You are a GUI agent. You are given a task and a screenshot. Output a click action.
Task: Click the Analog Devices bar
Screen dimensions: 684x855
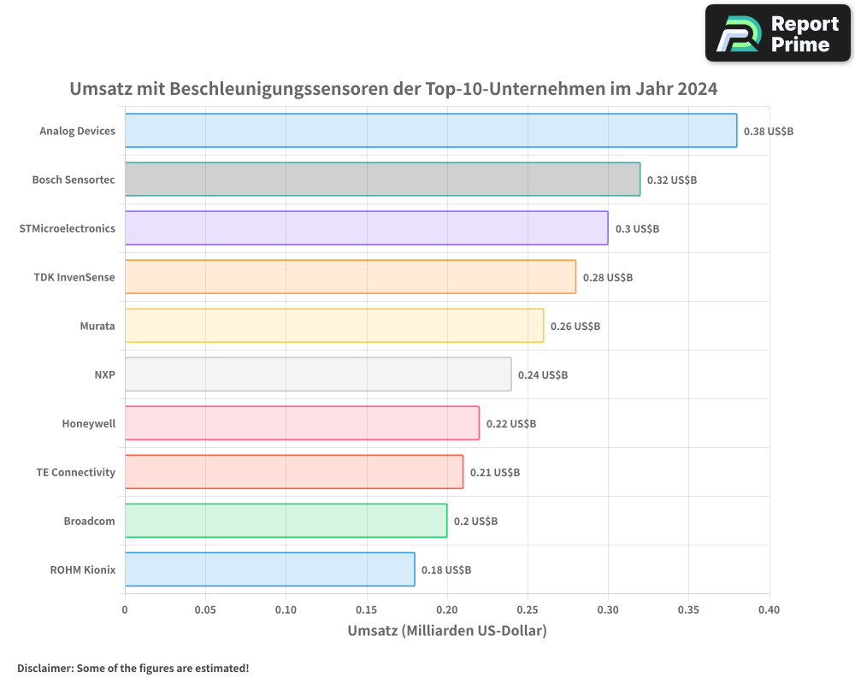tap(430, 131)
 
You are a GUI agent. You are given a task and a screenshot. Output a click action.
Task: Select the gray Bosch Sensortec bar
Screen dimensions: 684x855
tap(382, 180)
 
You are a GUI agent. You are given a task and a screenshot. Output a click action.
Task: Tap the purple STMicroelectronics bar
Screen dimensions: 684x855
tap(366, 228)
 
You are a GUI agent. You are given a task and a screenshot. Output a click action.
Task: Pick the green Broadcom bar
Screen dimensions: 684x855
tap(286, 521)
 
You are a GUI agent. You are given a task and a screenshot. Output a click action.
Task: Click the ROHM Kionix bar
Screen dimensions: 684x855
tap(269, 569)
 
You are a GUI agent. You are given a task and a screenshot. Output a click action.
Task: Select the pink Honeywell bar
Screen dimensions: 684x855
tap(302, 423)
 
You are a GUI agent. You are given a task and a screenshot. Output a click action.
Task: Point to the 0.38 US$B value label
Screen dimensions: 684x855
tap(768, 132)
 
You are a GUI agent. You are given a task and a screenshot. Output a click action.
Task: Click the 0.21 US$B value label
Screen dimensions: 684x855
tap(494, 473)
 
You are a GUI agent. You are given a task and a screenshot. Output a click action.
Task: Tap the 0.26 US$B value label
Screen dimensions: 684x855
tap(575, 327)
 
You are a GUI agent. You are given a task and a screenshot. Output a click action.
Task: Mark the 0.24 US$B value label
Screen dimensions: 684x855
tap(542, 375)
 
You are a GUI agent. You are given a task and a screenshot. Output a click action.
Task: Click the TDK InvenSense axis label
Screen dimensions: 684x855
tap(74, 277)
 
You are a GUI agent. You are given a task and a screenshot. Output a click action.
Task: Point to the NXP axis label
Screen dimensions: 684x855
tap(104, 374)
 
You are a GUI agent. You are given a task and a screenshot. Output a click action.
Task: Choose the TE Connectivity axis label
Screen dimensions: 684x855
tap(75, 472)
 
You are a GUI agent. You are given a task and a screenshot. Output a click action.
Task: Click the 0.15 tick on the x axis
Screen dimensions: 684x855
tap(367, 610)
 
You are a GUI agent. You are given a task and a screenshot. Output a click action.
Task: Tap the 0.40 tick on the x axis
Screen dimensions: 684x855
tap(769, 610)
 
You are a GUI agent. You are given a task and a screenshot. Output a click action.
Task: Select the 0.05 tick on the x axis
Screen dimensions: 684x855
tap(205, 610)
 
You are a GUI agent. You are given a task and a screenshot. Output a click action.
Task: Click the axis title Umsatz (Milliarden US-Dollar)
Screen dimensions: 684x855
tap(446, 631)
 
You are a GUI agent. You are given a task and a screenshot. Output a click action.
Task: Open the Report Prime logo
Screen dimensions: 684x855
tap(777, 33)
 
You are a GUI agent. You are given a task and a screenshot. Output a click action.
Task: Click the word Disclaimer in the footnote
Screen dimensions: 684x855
tap(44, 668)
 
